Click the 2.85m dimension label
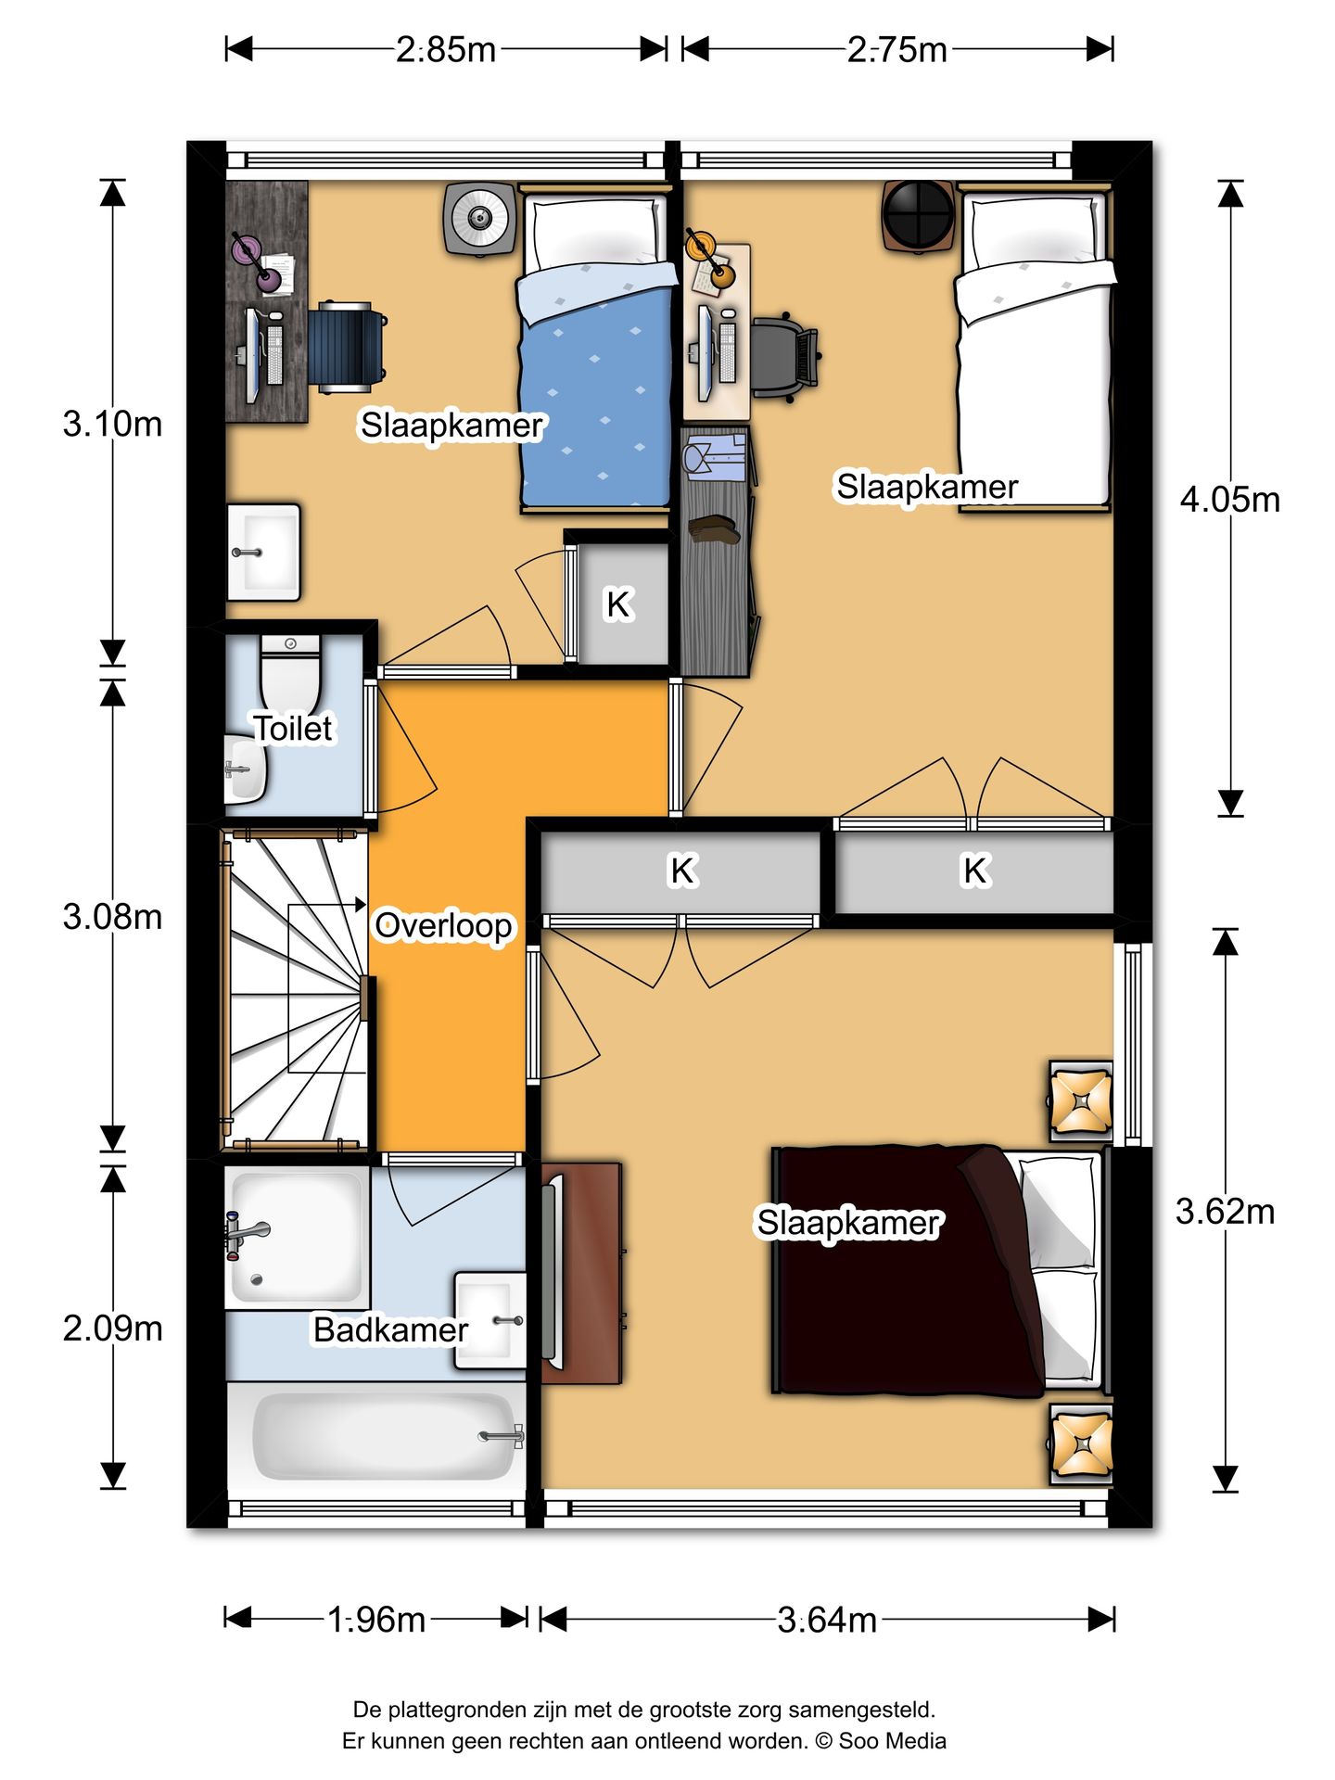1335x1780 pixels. click(x=446, y=49)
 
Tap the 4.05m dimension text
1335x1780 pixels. click(x=1229, y=500)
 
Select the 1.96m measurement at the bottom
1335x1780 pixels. click(x=376, y=1620)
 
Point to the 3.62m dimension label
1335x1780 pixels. click(x=1225, y=1211)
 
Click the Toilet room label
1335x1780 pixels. click(x=293, y=728)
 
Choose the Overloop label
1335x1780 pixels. click(x=443, y=925)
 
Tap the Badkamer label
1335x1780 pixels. click(x=390, y=1329)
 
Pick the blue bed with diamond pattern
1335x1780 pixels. click(x=595, y=389)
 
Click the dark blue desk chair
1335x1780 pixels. click(x=347, y=347)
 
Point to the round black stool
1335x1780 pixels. click(x=918, y=214)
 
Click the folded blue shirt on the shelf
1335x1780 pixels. click(x=715, y=456)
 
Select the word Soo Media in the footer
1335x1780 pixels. click(x=892, y=1740)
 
